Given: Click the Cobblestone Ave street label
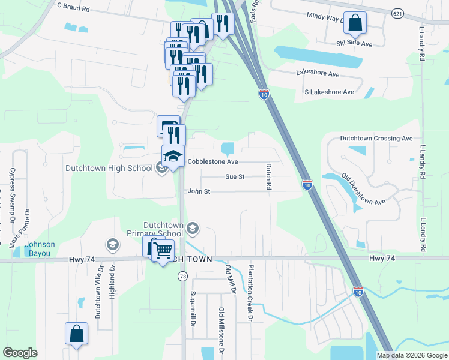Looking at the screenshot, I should coord(212,162).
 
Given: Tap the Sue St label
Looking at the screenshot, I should coord(235,177).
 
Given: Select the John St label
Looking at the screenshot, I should coord(199,192).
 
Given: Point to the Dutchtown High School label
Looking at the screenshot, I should coord(109,169).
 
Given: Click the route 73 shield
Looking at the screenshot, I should coord(182,275).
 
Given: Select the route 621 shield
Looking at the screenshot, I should coord(397,13).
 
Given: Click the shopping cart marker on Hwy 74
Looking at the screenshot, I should coord(163,250).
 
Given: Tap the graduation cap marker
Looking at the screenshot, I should coord(173,156).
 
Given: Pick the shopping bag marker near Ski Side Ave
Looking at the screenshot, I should coord(354,23).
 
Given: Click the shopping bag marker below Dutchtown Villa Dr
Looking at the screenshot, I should coord(77,335).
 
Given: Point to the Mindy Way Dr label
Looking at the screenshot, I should coord(325,17).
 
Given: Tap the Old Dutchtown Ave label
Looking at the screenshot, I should coord(363,189).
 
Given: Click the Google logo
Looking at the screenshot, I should coord(21,353).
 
